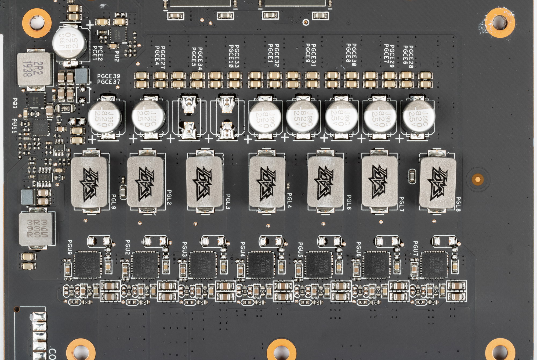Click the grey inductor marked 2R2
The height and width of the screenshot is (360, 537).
(34, 69)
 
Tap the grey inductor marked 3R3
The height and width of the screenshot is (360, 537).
(37, 229)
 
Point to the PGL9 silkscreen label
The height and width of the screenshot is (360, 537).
(114, 201)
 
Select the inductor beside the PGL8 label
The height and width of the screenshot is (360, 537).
(437, 183)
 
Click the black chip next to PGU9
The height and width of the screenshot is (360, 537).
(87, 265)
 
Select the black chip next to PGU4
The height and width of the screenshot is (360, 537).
(260, 265)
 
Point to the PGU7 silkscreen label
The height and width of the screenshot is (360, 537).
(415, 249)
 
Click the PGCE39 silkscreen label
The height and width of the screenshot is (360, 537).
(108, 76)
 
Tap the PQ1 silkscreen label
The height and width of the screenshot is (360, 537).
(15, 103)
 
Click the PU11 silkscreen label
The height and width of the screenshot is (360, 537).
(14, 126)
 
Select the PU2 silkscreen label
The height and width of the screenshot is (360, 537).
(117, 56)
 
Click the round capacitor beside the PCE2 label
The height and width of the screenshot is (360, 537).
(70, 42)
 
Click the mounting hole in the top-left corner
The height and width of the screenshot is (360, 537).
(37, 23)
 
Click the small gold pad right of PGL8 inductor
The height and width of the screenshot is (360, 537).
(478, 179)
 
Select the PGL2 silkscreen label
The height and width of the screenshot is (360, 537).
(169, 197)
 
